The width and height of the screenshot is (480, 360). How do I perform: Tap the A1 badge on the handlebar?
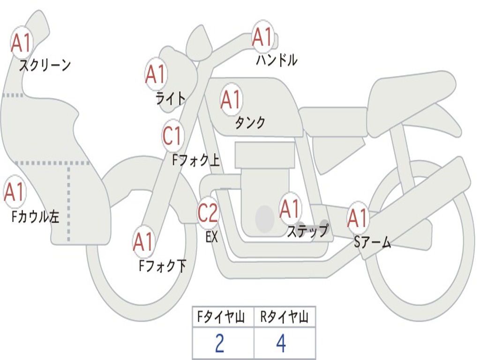263,37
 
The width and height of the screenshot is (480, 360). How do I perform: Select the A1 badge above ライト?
156,75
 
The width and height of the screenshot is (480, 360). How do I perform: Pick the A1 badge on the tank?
232,99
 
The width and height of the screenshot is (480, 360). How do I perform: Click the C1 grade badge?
172,135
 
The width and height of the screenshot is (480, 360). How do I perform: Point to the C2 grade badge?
208,212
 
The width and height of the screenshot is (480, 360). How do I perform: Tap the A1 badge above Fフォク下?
144,242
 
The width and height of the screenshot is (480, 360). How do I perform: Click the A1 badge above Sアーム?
358,218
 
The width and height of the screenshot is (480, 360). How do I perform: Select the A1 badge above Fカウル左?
15,192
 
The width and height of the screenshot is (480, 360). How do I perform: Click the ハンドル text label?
277,60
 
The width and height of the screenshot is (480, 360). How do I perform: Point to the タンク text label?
250,122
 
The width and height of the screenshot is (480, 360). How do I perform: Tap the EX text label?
212,237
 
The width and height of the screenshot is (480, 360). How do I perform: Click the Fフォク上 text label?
196,160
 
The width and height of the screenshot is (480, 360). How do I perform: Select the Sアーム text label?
373,242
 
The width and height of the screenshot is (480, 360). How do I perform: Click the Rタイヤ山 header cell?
285,317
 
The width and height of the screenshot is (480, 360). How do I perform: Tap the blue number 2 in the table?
219,343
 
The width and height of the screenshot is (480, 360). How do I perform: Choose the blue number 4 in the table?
281,343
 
